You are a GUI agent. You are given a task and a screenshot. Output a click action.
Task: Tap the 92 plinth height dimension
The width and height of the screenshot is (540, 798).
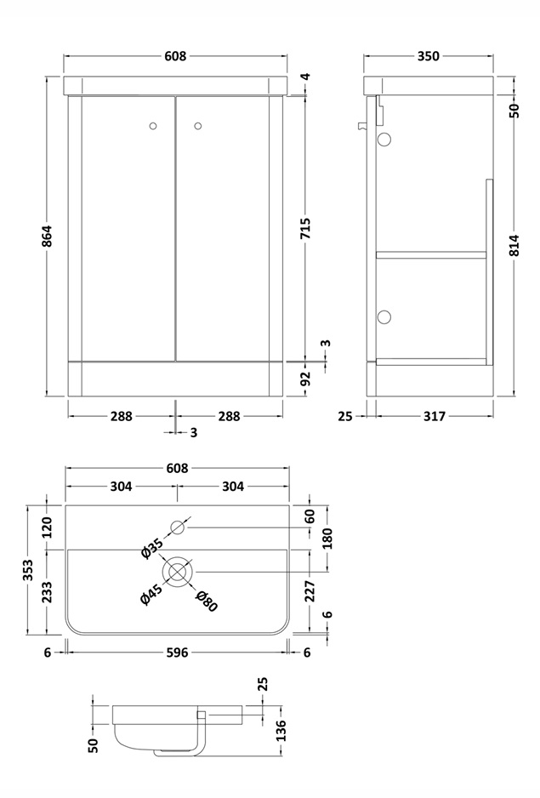click(x=306, y=377)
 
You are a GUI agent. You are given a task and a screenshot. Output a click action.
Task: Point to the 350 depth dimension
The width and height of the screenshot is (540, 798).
click(x=429, y=56)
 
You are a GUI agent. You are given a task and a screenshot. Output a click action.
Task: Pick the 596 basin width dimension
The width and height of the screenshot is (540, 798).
click(x=177, y=653)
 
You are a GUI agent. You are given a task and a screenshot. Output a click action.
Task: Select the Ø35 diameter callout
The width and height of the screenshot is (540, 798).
click(x=152, y=549)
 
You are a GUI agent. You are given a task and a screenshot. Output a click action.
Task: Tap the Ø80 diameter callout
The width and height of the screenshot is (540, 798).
click(x=207, y=601)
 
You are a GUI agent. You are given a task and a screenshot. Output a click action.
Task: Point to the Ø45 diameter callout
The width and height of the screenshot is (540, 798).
click(x=151, y=594)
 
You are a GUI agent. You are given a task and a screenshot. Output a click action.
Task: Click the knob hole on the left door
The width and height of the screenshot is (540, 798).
click(x=152, y=127)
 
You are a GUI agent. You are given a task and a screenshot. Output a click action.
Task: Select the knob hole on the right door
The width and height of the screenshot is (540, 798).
click(x=199, y=127)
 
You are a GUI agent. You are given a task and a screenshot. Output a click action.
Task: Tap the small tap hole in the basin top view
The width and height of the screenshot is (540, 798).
click(x=178, y=527)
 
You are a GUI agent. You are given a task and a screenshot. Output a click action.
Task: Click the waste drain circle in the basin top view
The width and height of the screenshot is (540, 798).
click(x=178, y=571)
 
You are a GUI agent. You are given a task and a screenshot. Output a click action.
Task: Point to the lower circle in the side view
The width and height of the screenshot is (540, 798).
click(x=384, y=317)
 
